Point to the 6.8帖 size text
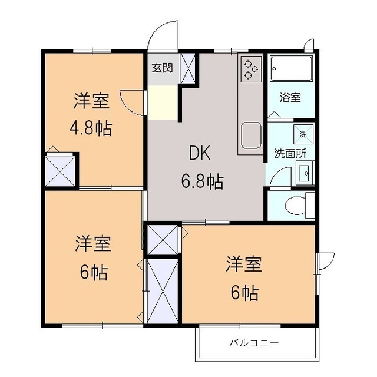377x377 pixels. click(x=201, y=181)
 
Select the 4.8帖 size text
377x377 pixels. click(x=92, y=128)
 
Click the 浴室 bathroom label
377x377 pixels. click(x=290, y=98)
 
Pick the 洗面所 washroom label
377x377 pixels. click(x=289, y=154)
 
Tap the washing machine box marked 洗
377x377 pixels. click(x=303, y=134)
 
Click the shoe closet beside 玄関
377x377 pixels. click(x=188, y=68)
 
